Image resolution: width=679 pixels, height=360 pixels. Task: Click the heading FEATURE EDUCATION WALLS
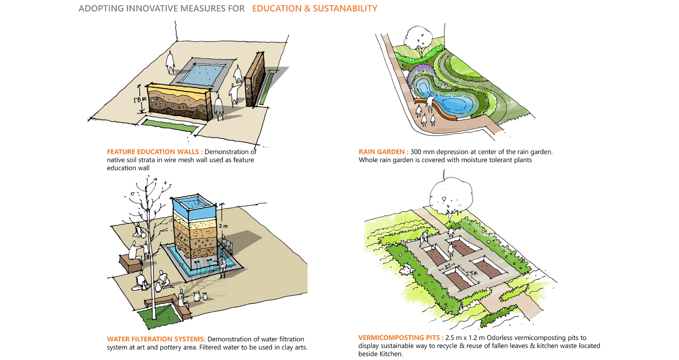(155, 152)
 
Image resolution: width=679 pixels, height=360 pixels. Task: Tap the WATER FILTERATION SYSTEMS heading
(156, 339)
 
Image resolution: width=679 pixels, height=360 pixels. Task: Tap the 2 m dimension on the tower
(225, 226)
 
